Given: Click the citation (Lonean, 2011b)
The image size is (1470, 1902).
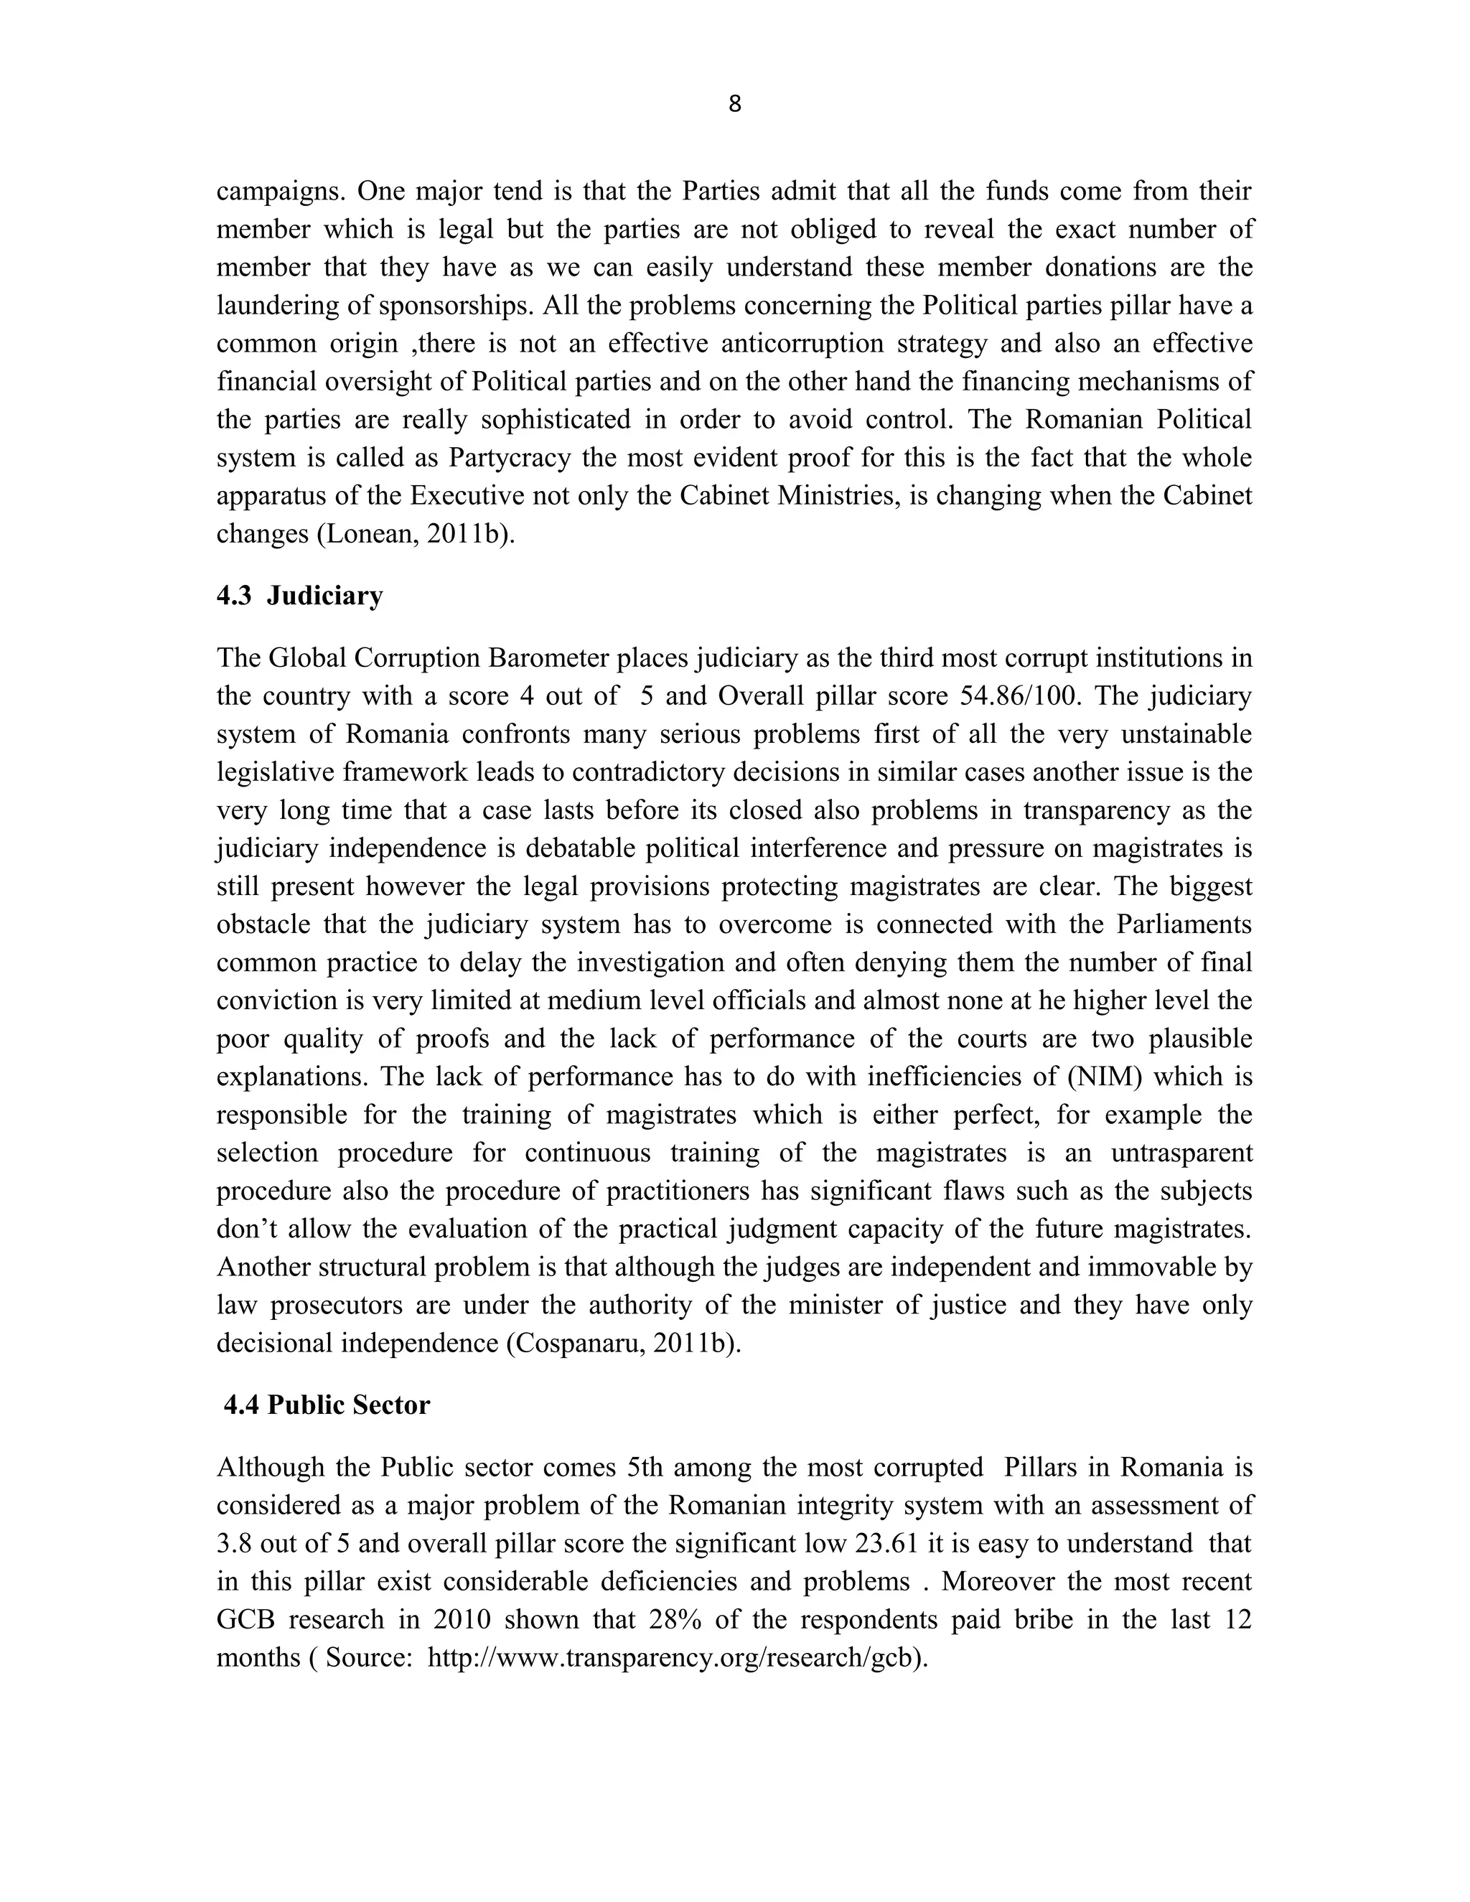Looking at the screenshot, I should pyautogui.click(x=416, y=534).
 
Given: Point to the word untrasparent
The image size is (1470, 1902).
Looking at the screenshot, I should pyautogui.click(x=1181, y=1153).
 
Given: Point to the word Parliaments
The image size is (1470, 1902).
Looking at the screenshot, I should pyautogui.click(x=1184, y=925).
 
